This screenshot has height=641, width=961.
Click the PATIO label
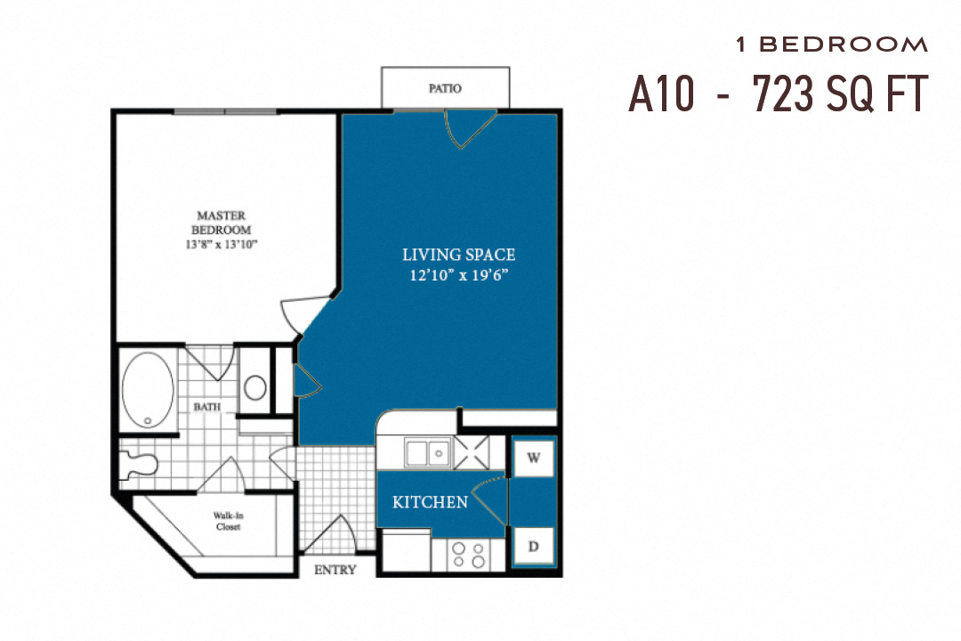click(445, 89)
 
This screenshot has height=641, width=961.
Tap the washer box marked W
click(534, 458)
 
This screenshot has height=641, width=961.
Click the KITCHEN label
click(430, 503)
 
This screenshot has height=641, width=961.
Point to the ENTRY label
click(335, 570)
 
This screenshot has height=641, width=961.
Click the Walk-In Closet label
click(227, 521)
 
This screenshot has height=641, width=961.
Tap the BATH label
click(207, 407)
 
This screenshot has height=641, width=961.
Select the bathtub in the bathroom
click(148, 389)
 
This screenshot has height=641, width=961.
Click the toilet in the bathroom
click(140, 463)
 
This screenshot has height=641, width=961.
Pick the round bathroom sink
click(255, 387)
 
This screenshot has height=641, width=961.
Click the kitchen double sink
click(427, 453)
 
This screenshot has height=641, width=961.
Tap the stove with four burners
click(468, 555)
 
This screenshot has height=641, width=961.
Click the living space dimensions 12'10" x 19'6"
click(459, 275)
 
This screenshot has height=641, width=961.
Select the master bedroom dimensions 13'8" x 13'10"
click(222, 244)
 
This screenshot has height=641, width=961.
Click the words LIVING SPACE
click(459, 256)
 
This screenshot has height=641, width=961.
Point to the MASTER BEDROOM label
click(222, 222)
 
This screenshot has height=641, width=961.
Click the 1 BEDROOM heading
click(832, 44)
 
